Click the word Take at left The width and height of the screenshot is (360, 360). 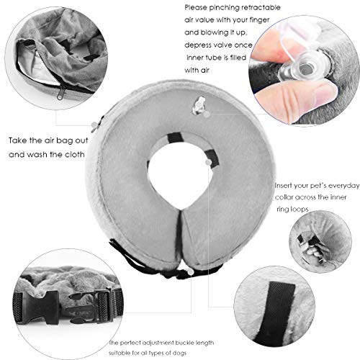pyautogui.click(x=22, y=142)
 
